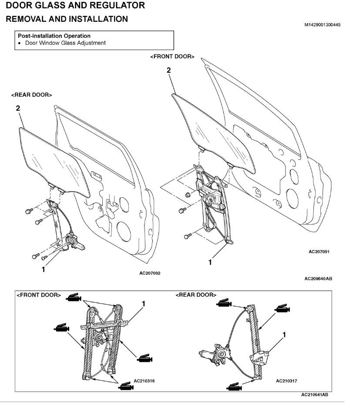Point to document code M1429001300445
tap(323, 24)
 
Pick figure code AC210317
tap(287, 381)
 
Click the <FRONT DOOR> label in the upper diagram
tap(172, 57)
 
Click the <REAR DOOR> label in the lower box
tap(196, 295)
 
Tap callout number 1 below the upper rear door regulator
tap(43, 269)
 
